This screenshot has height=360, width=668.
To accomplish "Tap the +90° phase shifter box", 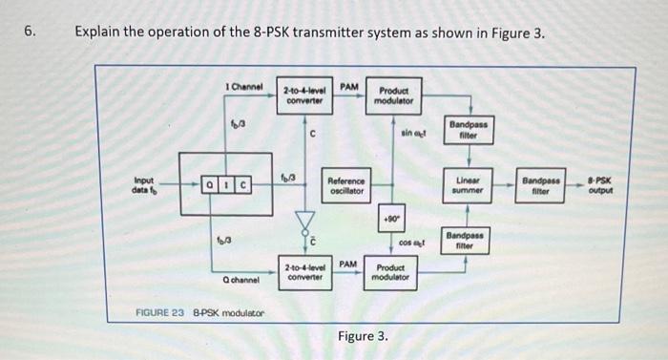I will pyautogui.click(x=391, y=217).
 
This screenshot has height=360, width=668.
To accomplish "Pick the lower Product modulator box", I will pyautogui.click(x=391, y=271).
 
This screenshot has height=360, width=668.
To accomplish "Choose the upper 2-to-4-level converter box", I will pyautogui.click(x=304, y=96).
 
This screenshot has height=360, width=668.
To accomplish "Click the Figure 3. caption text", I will pyautogui.click(x=363, y=336).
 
